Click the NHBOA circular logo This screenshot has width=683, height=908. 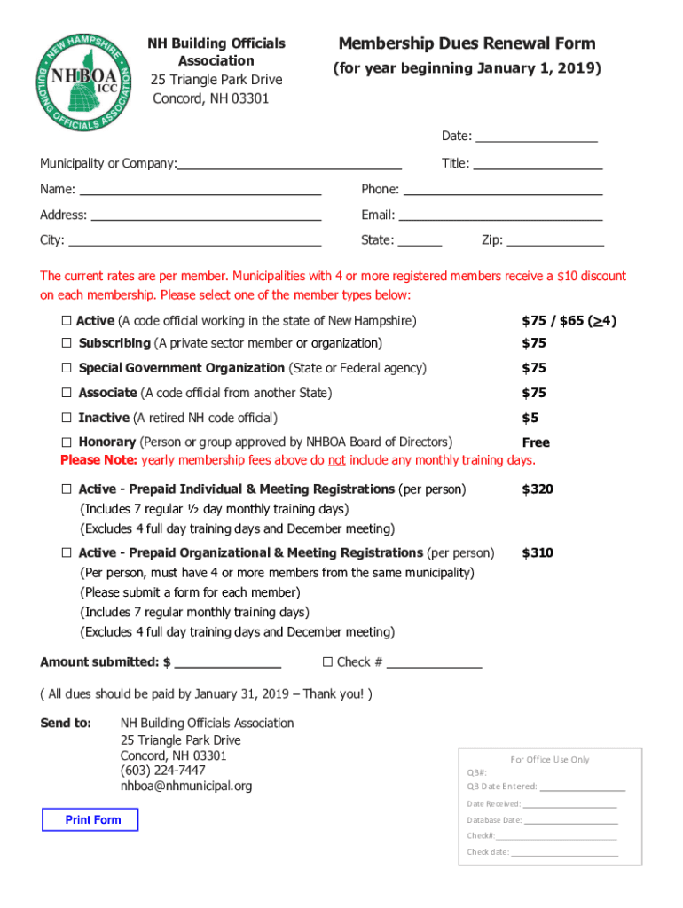pos(84,82)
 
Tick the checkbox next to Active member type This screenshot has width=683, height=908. pos(67,321)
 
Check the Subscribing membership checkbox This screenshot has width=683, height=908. pos(67,343)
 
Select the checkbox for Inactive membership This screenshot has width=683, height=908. pos(67,418)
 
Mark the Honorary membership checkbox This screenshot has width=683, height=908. pos(67,442)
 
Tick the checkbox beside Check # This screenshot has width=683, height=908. pos(327,661)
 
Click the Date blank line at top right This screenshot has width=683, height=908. pos(536,137)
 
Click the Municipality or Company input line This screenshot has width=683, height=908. pos(289,164)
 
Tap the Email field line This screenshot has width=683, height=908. pos(500,215)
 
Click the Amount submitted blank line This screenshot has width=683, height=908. pos(228,662)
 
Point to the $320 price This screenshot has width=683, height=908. pos(538,489)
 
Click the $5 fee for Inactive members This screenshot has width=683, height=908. pos(530,418)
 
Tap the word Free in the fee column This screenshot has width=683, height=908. pos(536,442)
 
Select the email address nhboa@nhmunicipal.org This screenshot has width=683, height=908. pos(186,786)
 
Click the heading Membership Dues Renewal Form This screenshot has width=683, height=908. pos(467,43)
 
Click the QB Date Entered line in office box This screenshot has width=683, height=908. pos(582,787)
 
